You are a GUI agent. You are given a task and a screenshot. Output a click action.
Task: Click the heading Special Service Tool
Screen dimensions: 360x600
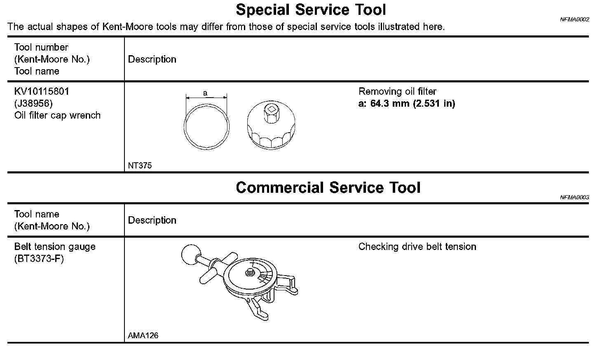311,9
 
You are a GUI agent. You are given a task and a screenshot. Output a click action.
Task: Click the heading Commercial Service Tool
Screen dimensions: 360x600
328,188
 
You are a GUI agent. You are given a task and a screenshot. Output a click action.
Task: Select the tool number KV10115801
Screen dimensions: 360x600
42,91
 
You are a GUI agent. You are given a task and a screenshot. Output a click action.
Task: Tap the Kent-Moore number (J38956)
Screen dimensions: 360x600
33,103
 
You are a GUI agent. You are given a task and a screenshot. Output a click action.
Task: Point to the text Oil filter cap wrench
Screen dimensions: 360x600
57,115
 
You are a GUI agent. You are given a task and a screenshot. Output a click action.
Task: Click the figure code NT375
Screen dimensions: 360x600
140,166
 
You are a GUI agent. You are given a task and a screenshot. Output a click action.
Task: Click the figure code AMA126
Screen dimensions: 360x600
143,336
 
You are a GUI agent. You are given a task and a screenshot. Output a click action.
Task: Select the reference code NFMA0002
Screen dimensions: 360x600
574,19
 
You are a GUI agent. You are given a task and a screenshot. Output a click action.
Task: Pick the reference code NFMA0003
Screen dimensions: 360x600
574,197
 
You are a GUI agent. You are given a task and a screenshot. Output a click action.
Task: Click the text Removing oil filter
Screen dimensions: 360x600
397,91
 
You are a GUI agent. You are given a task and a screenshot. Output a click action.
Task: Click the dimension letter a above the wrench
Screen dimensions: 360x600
205,93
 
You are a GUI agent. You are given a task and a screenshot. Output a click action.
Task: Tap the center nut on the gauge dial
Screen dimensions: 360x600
249,272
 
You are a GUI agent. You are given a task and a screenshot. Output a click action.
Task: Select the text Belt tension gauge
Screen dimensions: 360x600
55,247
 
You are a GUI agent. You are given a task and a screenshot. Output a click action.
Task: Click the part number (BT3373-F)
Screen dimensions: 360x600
39,259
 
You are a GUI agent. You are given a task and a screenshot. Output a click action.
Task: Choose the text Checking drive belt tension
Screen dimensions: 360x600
417,247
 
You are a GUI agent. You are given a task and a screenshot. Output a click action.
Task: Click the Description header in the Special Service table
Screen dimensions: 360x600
152,59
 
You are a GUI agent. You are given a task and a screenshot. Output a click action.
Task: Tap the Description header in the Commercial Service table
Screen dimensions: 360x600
152,220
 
